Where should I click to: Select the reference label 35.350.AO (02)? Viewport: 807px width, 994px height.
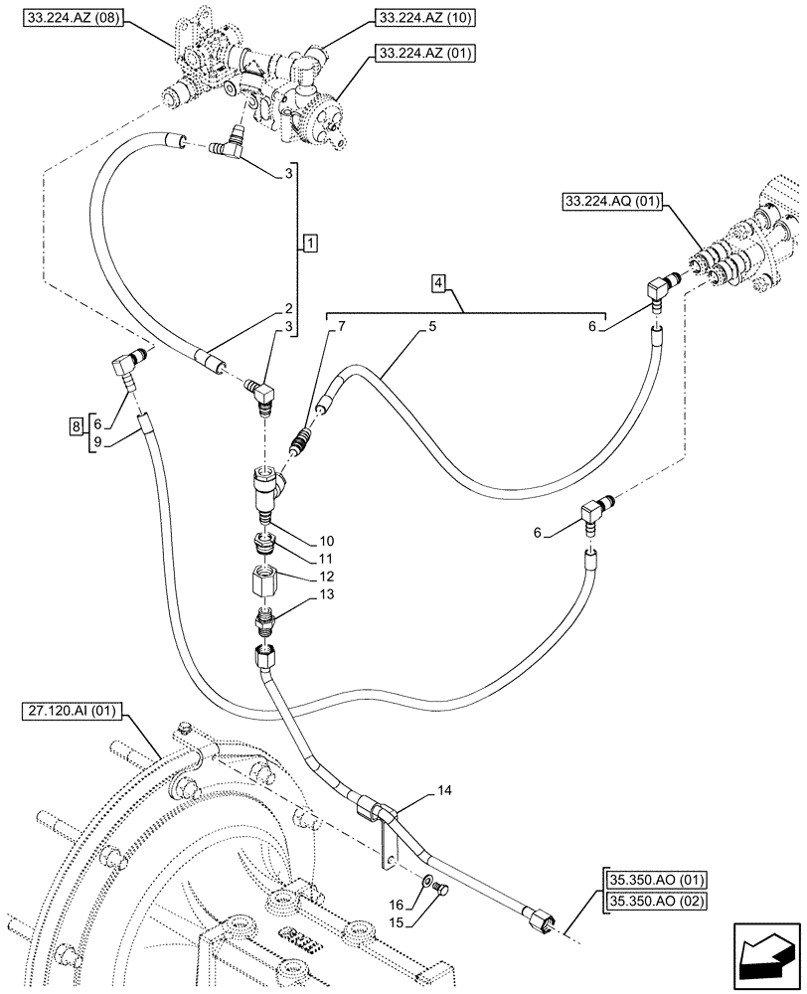[x=653, y=902]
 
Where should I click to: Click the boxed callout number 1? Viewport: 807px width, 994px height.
[x=311, y=244]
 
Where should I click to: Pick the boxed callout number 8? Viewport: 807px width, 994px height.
[x=76, y=427]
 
